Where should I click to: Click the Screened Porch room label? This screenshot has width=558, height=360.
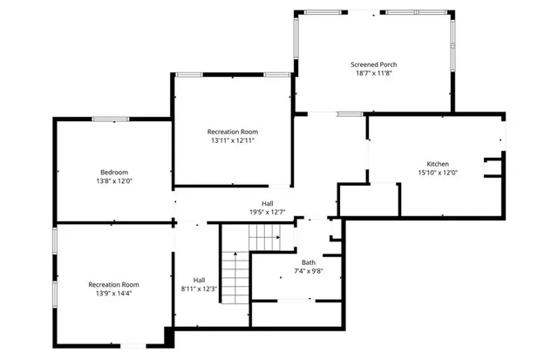pos(373,65)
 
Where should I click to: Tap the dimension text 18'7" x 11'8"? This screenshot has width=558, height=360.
pos(373,74)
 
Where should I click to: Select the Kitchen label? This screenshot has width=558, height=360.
pos(437,164)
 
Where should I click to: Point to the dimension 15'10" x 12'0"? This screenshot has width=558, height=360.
pos(437,173)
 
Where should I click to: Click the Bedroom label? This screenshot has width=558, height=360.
pos(113,172)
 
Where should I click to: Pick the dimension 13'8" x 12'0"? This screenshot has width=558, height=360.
pos(113,180)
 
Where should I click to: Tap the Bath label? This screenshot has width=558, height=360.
pos(309,262)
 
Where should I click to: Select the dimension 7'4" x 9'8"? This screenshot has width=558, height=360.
pos(309,271)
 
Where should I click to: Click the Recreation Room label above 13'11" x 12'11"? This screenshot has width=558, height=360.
pos(232,131)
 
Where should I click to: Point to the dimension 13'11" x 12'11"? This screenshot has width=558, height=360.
pos(232,139)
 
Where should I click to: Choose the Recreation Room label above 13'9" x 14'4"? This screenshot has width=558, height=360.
pos(113,284)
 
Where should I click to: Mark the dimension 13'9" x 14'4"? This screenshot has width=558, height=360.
pos(113,293)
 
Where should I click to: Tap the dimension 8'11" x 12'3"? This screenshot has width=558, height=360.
pos(199,289)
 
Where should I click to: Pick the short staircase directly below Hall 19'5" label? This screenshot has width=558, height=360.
pos(264,234)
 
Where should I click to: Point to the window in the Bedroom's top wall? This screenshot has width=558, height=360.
pos(112,119)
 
